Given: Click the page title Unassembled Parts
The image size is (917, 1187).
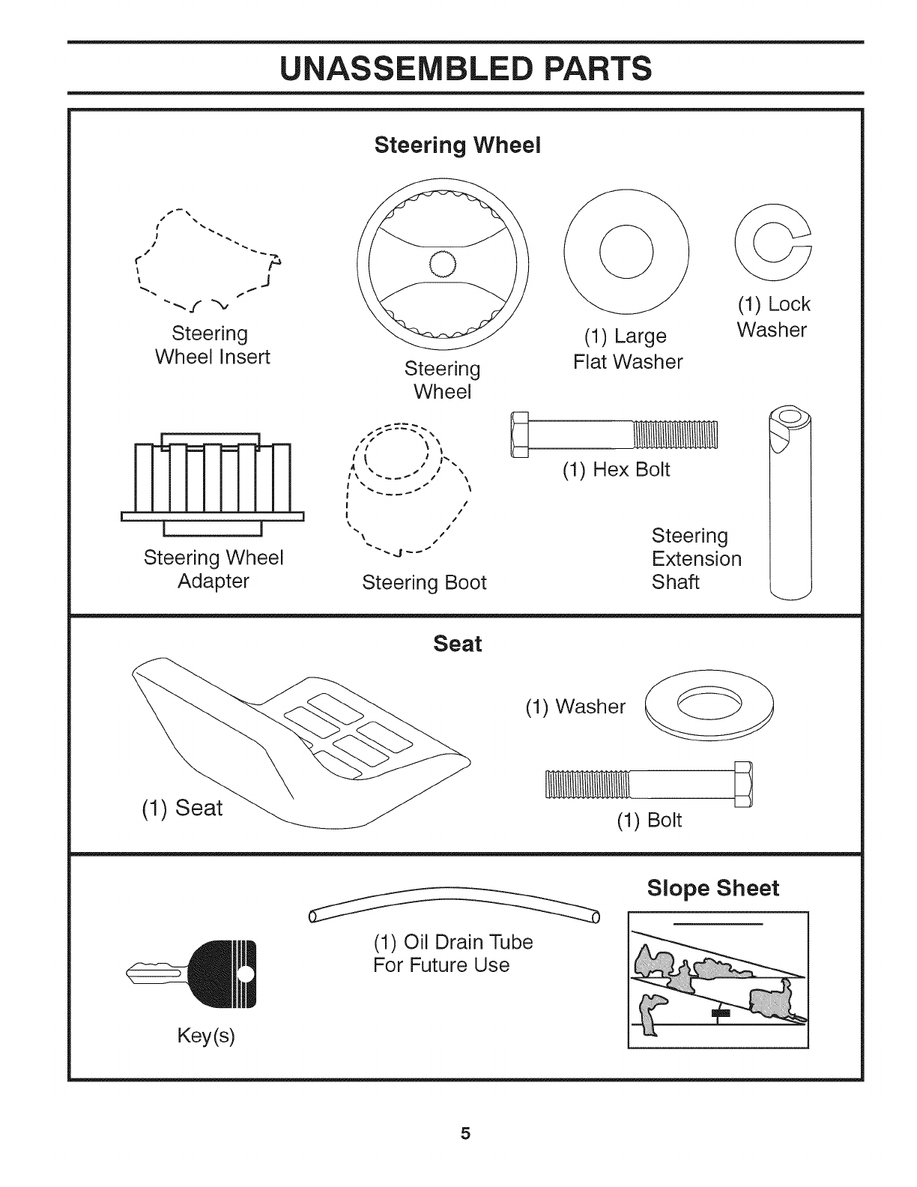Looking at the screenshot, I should [x=464, y=68].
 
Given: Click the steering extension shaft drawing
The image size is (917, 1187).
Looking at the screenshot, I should [x=790, y=503].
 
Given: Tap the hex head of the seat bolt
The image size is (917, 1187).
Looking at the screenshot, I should [x=742, y=784].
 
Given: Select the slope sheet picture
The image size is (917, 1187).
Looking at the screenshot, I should [x=718, y=979].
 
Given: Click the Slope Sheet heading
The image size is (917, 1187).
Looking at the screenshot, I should [x=712, y=888].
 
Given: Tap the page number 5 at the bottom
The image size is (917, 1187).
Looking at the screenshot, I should [x=465, y=1133].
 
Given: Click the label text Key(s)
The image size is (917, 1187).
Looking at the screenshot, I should [x=206, y=1036].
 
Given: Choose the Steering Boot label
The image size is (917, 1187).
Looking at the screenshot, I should [x=424, y=582].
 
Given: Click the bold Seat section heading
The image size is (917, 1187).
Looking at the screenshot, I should [x=458, y=644].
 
